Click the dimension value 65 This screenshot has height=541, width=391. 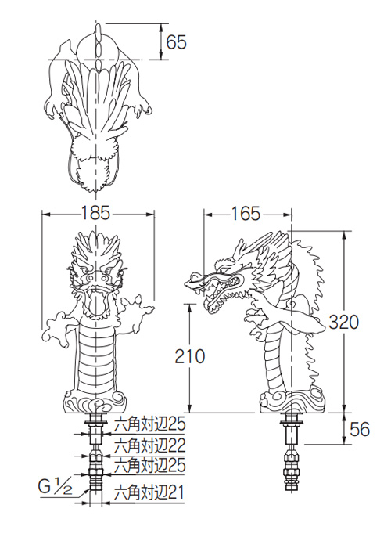point(176,42)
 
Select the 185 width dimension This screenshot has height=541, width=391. point(95,213)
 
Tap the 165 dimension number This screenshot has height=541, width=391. point(246,214)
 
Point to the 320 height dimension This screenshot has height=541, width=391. point(343,323)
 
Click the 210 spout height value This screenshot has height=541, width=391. point(190,356)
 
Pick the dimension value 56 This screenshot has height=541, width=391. point(360,430)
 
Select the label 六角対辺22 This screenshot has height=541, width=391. point(149,445)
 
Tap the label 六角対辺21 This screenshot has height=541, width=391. point(149,492)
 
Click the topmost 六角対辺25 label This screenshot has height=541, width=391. point(149,424)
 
